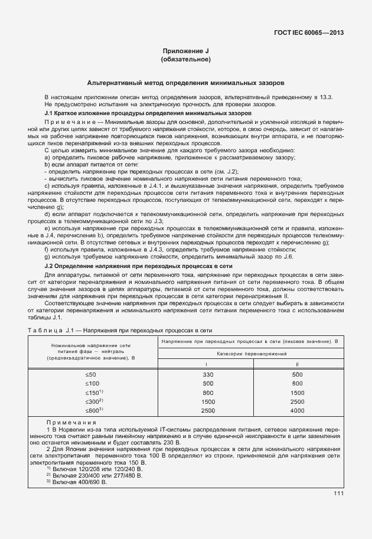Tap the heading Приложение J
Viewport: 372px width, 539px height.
[x=185, y=51]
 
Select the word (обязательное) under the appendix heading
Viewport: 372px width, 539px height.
[x=185, y=60]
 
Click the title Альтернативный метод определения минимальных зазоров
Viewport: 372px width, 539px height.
[x=185, y=83]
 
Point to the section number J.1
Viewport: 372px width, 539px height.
[x=50, y=112]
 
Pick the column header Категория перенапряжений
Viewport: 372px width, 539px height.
[x=252, y=353]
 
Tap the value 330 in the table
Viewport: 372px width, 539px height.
[x=207, y=375]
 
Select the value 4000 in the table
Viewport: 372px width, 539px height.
[x=298, y=410]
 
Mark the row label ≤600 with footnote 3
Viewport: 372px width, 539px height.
[x=94, y=410]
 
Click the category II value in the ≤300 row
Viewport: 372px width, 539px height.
[x=298, y=401]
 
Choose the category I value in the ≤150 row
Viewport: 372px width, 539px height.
[x=207, y=393]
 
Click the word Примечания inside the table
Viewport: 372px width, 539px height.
[x=71, y=423]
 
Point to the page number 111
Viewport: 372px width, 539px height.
[x=338, y=494]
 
